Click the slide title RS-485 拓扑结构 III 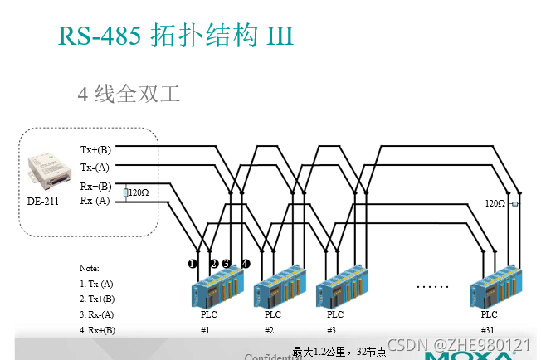[176, 36]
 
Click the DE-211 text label [42, 201]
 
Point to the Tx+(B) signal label [95, 150]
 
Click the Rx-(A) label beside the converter [95, 201]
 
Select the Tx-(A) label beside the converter [95, 168]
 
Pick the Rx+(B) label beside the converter [95, 187]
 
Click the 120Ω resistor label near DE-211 [138, 193]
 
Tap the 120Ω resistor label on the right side [496, 203]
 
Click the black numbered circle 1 [193, 264]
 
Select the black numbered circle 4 [246, 264]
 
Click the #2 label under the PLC [269, 330]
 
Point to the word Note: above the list [89, 268]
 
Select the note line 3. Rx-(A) [96, 314]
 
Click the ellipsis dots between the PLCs [432, 285]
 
